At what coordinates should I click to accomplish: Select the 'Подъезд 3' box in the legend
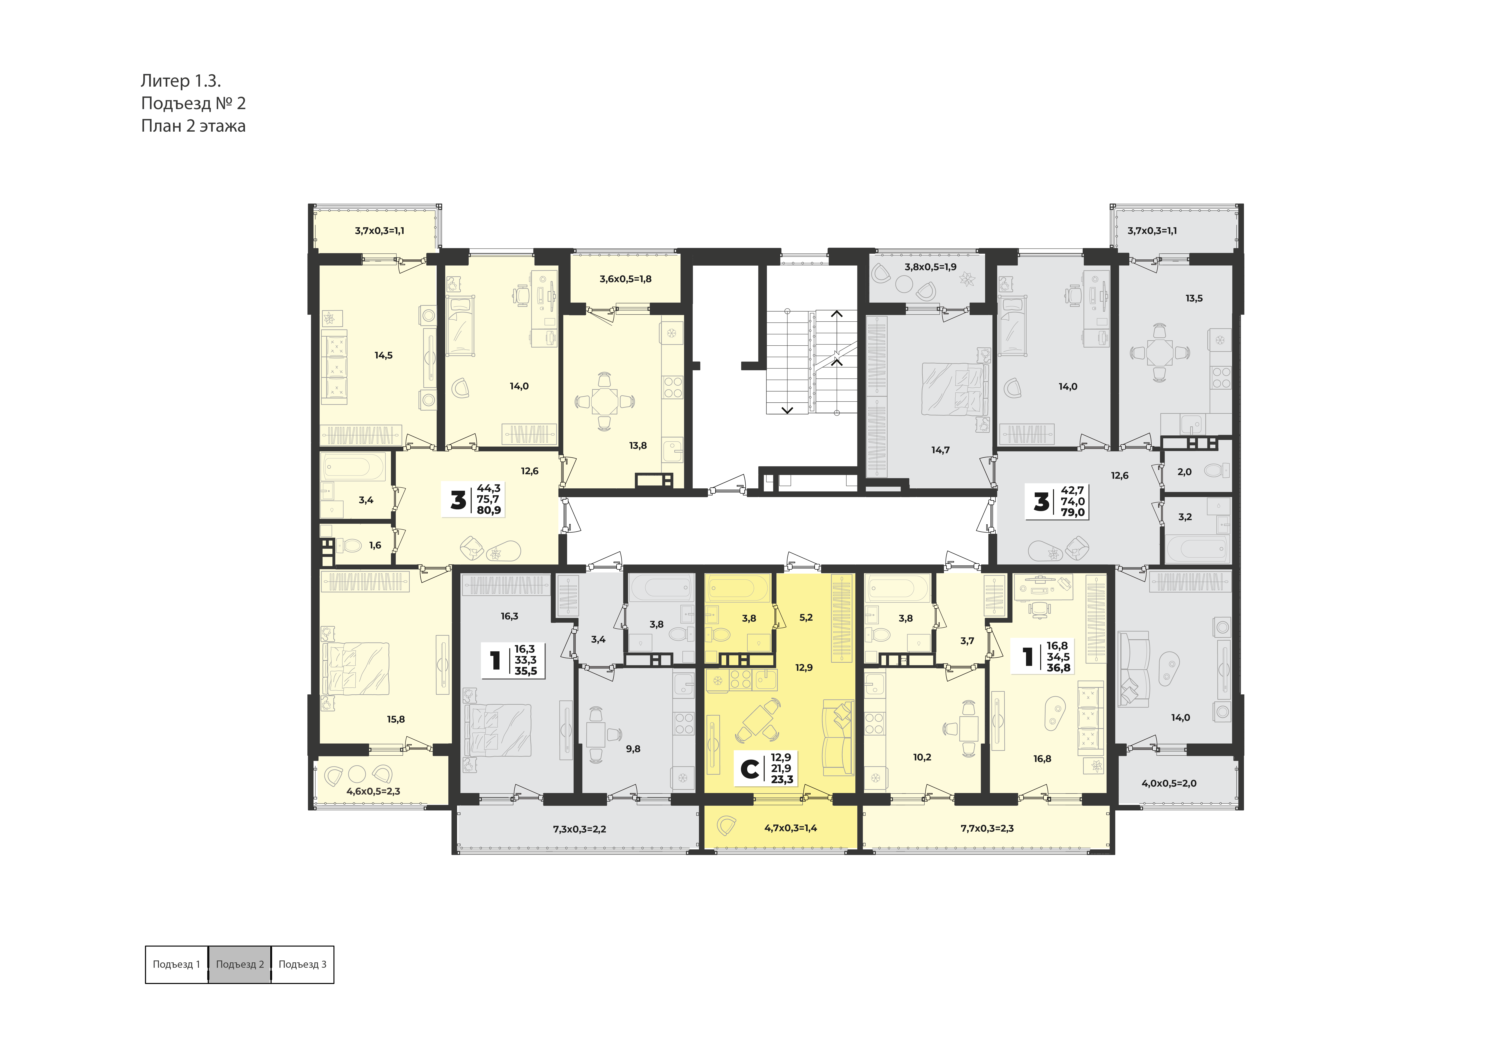pyautogui.click(x=303, y=964)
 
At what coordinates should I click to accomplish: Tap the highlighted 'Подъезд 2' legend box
pyautogui.click(x=240, y=964)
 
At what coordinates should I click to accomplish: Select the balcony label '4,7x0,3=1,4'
pyautogui.click(x=791, y=828)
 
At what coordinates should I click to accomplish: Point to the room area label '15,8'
pyautogui.click(x=396, y=719)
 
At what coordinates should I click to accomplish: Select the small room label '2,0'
pyautogui.click(x=1184, y=472)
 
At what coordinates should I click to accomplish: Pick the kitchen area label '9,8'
pyautogui.click(x=633, y=749)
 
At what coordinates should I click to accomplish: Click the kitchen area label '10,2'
pyautogui.click(x=922, y=757)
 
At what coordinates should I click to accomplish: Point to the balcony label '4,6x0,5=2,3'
pyautogui.click(x=373, y=792)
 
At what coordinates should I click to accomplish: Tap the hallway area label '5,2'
pyautogui.click(x=806, y=618)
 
